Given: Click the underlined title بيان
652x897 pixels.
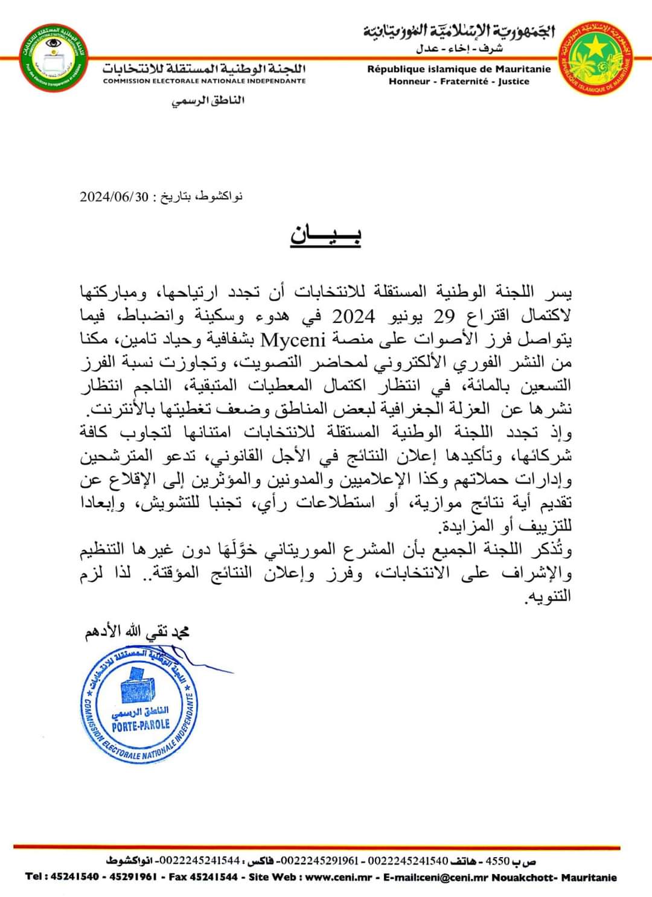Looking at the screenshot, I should pyautogui.click(x=326, y=234).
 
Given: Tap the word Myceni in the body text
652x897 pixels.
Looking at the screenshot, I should pyautogui.click(x=293, y=339).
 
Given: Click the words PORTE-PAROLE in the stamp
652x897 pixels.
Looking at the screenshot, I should pyautogui.click(x=141, y=724).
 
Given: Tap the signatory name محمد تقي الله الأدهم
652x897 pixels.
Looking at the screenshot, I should pyautogui.click(x=137, y=632).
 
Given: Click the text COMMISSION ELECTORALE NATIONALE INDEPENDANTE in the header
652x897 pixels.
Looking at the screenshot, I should pyautogui.click(x=204, y=81).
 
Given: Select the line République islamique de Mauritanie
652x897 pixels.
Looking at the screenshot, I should pyautogui.click(x=459, y=69).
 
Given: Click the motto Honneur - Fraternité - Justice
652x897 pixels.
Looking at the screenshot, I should pyautogui.click(x=459, y=81).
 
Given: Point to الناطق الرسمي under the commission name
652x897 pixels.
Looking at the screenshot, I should pyautogui.click(x=209, y=100).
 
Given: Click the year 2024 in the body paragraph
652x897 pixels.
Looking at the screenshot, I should pyautogui.click(x=354, y=316).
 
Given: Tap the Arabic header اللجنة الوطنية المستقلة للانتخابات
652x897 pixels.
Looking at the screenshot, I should pyautogui.click(x=204, y=67).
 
